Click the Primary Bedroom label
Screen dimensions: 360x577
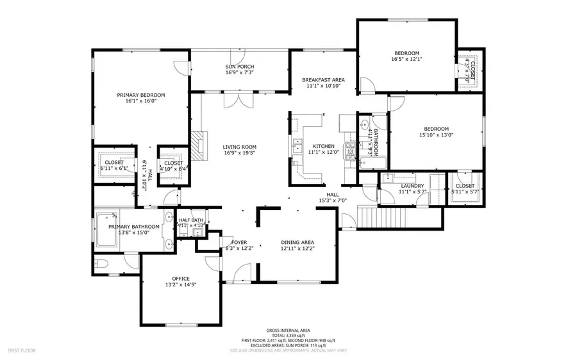pyautogui.click(x=140, y=95)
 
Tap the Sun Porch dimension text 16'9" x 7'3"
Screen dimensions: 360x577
pyautogui.click(x=240, y=73)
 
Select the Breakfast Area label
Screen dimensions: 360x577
pyautogui.click(x=323, y=80)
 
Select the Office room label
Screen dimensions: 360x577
pyautogui.click(x=181, y=278)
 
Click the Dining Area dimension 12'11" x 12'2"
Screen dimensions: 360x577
pyautogui.click(x=298, y=249)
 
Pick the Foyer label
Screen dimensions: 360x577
pyautogui.click(x=240, y=242)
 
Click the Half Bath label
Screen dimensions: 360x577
pyautogui.click(x=190, y=220)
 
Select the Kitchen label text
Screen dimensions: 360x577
pyautogui.click(x=322, y=146)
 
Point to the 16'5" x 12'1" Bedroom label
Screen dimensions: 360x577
pyautogui.click(x=406, y=53)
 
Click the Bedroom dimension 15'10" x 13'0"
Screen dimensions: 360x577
pyautogui.click(x=436, y=135)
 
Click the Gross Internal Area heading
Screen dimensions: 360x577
pyautogui.click(x=288, y=329)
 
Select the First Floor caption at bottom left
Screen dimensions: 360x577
pyautogui.click(x=22, y=350)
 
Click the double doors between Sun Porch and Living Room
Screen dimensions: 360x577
pyautogui.click(x=238, y=99)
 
